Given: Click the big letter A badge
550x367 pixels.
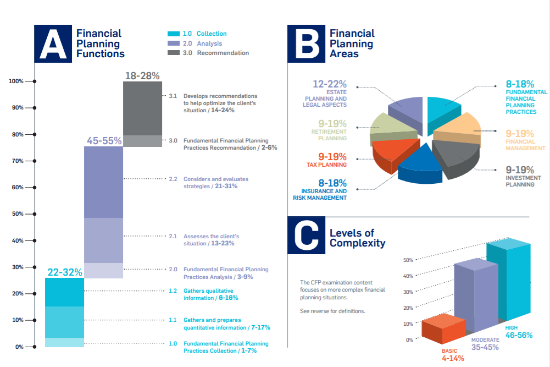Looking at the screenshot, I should [53, 43].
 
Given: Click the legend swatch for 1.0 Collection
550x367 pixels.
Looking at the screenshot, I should [173, 34].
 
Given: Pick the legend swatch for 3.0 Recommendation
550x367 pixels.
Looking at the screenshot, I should [173, 53].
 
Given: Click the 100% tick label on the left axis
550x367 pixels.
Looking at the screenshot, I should [16, 81].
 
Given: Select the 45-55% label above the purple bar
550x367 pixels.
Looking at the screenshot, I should [103, 141].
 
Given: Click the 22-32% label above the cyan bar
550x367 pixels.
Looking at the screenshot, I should [64, 272].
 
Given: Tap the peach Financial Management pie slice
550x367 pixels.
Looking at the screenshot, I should [459, 130].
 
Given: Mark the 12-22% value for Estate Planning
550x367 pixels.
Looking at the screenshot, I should [330, 84].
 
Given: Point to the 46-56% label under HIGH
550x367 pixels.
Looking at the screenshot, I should [519, 335].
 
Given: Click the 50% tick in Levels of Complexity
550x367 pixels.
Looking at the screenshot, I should [408, 260].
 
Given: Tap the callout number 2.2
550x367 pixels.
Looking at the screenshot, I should [173, 179].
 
